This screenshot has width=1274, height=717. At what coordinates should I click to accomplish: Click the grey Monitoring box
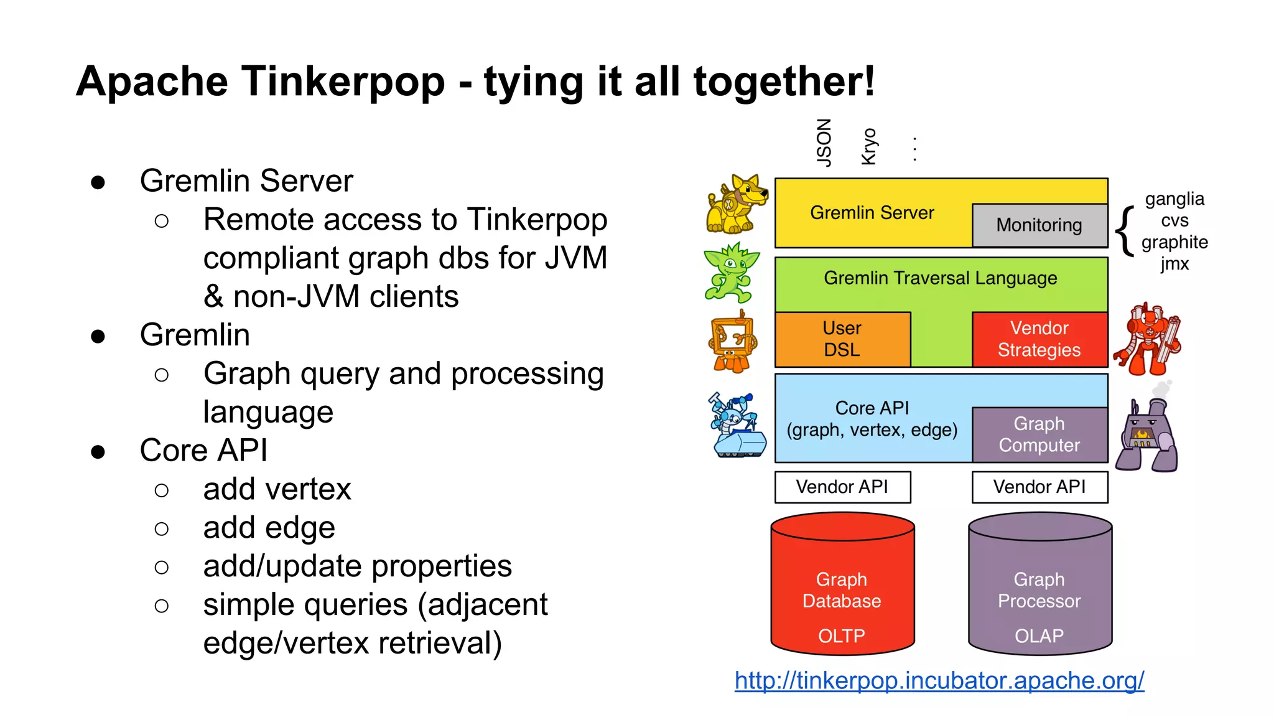click(x=1039, y=225)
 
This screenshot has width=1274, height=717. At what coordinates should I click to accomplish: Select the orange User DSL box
click(x=842, y=339)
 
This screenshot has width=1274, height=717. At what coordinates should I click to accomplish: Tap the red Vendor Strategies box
click(x=1039, y=339)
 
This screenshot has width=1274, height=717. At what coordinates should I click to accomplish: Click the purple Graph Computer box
click(x=1039, y=434)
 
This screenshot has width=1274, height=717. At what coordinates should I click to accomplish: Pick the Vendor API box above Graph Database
click(x=842, y=487)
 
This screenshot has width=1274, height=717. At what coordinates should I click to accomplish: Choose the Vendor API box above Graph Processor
click(x=1039, y=487)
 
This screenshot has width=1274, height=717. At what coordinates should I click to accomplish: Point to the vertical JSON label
click(x=824, y=143)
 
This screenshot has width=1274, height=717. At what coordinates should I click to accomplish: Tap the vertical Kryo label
click(x=869, y=147)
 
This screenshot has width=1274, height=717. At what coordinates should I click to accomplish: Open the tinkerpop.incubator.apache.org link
click(x=939, y=680)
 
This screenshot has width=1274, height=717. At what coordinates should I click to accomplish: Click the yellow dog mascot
click(x=737, y=204)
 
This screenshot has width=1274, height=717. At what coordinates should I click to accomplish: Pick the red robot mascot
click(x=1148, y=339)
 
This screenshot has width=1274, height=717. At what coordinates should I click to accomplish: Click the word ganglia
click(x=1174, y=199)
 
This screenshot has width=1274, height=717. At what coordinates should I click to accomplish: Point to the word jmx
click(x=1174, y=264)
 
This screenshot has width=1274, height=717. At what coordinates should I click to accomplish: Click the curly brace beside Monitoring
click(x=1124, y=231)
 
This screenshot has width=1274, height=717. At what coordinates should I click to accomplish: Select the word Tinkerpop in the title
click(x=343, y=82)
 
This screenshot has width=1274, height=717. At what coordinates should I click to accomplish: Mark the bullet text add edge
click(x=269, y=528)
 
